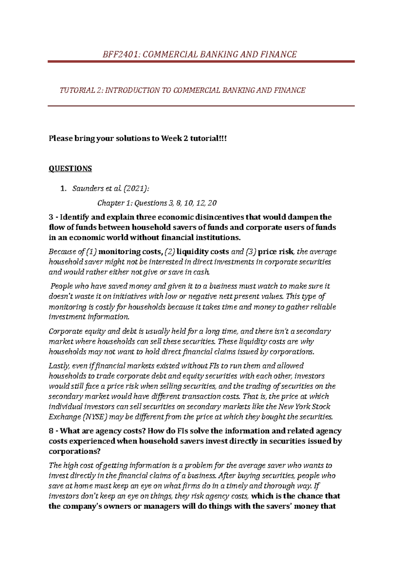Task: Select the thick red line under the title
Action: click(x=201, y=62)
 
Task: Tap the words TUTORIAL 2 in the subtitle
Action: click(x=81, y=90)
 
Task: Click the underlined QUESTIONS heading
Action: click(x=70, y=169)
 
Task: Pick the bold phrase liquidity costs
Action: click(x=203, y=252)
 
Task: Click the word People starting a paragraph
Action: click(x=61, y=286)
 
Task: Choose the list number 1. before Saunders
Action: click(x=63, y=189)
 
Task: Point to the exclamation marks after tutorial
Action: click(x=223, y=138)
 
